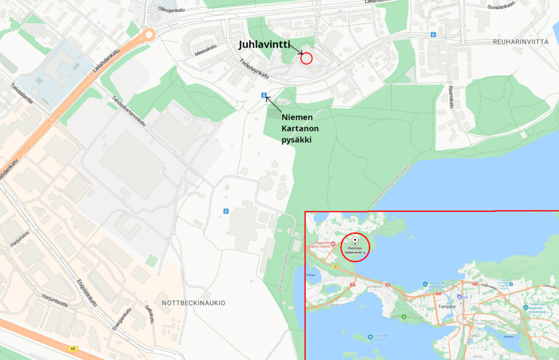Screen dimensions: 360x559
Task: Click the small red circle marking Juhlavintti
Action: [x=306, y=58]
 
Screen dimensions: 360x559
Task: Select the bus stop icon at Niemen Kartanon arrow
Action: [x=263, y=96]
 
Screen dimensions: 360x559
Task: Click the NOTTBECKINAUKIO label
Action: [x=193, y=302]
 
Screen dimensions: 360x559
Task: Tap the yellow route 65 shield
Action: [x=73, y=349]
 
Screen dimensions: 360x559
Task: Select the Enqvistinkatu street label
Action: [x=86, y=292]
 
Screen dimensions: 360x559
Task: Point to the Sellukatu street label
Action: [x=149, y=314]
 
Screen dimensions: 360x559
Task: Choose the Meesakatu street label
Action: [x=205, y=49]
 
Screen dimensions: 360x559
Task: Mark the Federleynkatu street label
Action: [x=247, y=70]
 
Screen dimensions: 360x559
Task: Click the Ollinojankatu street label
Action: [x=171, y=10]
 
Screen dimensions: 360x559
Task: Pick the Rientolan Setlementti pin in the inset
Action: [x=354, y=240]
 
